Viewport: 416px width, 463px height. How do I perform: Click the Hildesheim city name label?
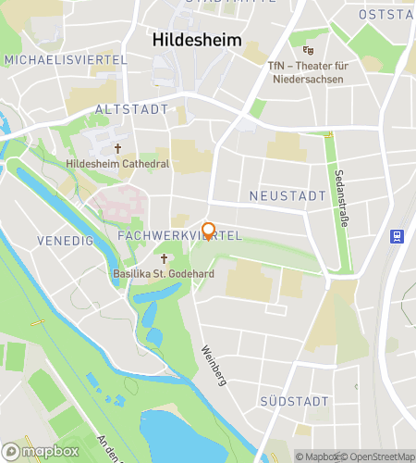tap(196, 42)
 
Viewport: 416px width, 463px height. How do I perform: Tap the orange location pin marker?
tap(209, 231)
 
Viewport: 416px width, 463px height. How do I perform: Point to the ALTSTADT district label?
tap(132, 109)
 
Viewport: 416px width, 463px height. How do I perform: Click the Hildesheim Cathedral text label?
tap(117, 164)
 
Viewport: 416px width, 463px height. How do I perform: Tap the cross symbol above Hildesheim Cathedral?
tap(117, 148)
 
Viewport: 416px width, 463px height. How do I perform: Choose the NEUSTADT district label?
tap(288, 196)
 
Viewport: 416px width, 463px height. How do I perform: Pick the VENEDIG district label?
tap(66, 241)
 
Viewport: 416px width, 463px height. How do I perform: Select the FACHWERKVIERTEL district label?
tap(179, 237)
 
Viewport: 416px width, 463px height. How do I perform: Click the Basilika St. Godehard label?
tap(165, 274)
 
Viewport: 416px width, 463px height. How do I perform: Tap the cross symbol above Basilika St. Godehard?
tap(165, 258)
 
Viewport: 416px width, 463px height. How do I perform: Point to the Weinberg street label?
tap(213, 365)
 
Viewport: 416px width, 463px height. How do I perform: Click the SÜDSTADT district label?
tap(294, 401)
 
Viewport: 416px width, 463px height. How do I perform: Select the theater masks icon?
tap(308, 50)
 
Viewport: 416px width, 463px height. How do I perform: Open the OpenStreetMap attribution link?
tap(378, 456)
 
